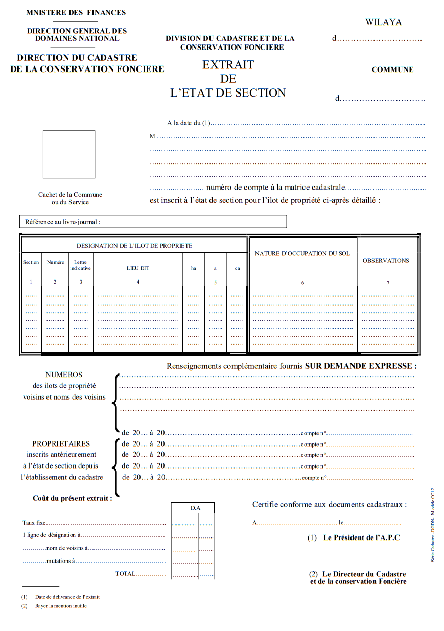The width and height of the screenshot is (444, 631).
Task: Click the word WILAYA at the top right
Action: pos(383,22)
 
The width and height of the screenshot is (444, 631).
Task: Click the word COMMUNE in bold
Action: pos(392,69)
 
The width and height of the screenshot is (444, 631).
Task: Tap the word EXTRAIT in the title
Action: pos(228,65)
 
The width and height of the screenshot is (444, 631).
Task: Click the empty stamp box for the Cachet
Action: pos(68,154)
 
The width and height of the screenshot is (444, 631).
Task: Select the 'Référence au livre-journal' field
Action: pos(153,222)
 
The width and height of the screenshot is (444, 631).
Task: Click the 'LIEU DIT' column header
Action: pos(138,268)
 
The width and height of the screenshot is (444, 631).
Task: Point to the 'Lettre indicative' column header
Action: pos(80,265)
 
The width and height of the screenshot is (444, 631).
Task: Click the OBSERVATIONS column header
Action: pos(386,260)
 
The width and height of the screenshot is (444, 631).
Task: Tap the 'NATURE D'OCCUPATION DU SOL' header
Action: pos(302,253)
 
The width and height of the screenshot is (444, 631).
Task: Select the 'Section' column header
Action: pos(31,262)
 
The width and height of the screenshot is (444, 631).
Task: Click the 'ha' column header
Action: pos(193,268)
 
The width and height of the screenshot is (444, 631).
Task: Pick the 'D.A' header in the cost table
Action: pos(195,508)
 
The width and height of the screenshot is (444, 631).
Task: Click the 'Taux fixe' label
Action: pos(34,523)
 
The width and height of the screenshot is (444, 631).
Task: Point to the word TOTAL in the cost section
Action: pos(125,573)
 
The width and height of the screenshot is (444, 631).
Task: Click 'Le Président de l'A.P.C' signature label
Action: pos(361,537)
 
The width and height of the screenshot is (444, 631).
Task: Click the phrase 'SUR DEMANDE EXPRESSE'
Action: pos(361,366)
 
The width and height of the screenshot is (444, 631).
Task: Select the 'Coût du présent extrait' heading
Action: pos(72,498)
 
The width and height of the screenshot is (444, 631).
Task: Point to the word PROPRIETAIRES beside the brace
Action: pos(61,443)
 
